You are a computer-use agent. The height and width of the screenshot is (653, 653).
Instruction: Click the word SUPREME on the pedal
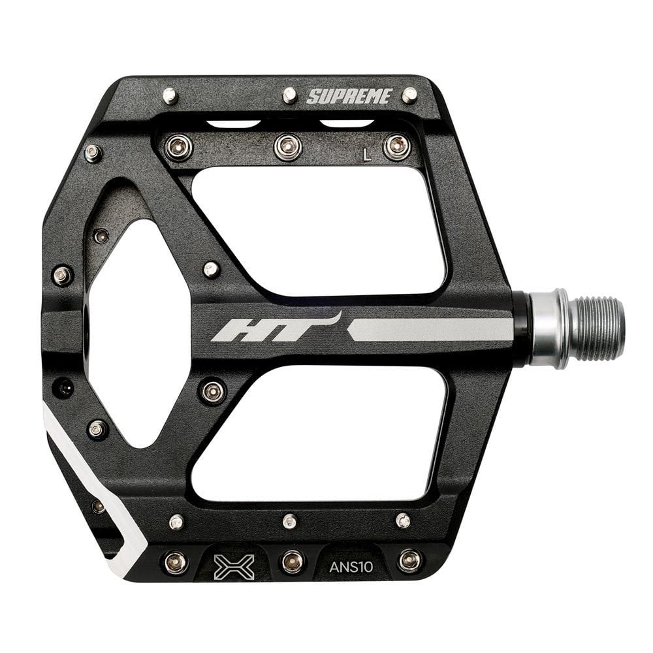(x=349, y=97)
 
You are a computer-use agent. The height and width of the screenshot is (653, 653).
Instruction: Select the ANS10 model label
(x=351, y=566)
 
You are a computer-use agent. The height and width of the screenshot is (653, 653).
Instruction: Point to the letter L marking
(x=368, y=155)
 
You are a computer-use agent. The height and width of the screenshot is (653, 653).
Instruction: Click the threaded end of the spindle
(x=596, y=328)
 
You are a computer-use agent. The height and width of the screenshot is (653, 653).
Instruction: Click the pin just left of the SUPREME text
(x=290, y=95)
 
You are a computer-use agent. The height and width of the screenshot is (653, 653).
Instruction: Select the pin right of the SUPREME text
(x=409, y=95)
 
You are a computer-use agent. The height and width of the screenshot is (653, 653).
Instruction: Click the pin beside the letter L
(x=396, y=146)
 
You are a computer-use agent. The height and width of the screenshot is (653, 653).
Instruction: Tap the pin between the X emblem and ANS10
(x=292, y=561)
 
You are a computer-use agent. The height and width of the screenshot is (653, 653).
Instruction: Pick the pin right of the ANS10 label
(x=409, y=560)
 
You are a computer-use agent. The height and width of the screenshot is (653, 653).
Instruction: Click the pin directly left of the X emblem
(x=175, y=562)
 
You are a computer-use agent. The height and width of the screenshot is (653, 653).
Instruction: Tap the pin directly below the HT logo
(x=213, y=390)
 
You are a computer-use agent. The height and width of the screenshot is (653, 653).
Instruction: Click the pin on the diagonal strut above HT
(x=210, y=269)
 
